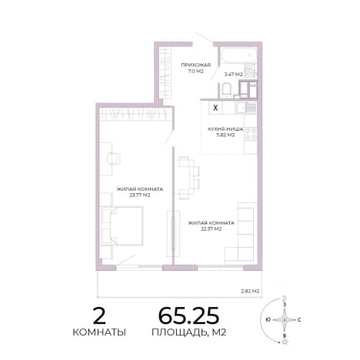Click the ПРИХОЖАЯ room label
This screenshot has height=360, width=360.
pos(196,65)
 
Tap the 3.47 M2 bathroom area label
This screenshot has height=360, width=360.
pos(233,75)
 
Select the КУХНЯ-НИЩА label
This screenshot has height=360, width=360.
pos(225,129)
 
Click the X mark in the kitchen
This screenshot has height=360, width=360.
pos(215,108)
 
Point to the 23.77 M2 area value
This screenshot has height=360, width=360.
pos(140,195)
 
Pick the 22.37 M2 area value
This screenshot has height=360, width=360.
pos(212,229)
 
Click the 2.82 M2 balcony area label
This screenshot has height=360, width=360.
pos(250,291)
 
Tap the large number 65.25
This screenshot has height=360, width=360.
pos(188,315)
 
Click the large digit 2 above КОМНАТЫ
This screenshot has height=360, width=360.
pos(99,316)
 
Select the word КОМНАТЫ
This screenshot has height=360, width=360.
pos(99,332)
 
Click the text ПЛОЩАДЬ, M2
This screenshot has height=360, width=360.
pos(188,332)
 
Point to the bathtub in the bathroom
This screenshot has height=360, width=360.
pos(238,55)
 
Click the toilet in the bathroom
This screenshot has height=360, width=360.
pos(227,90)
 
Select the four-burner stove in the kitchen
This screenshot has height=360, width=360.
pos(251,134)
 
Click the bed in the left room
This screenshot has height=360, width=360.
pos(122,225)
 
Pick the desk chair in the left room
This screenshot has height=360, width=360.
pos(114,158)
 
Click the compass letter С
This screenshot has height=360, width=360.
pos(299,320)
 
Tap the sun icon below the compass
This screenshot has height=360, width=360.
pos(284,342)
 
